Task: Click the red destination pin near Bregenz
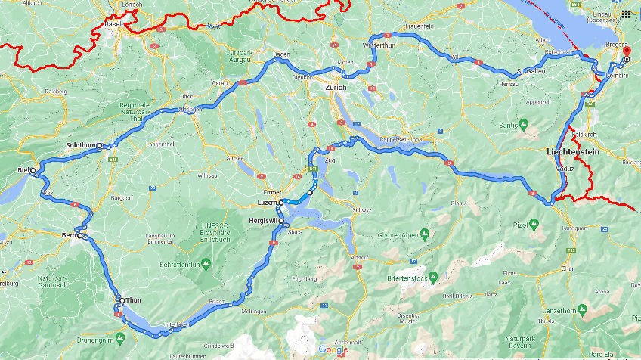(x=626, y=51)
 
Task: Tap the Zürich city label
(x=335, y=88)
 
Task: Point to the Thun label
(x=133, y=300)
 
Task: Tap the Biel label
(x=21, y=171)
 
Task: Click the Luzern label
(x=268, y=203)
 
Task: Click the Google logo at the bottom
(x=333, y=349)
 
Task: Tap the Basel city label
(x=114, y=24)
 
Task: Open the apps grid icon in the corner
(x=627, y=13)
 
